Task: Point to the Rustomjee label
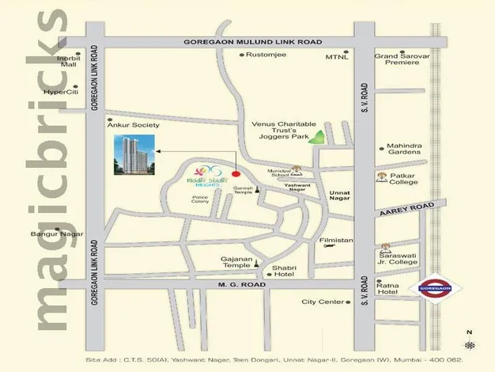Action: [266, 55]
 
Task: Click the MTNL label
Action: [336, 58]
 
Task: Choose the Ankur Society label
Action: [138, 125]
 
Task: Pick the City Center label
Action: [323, 302]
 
